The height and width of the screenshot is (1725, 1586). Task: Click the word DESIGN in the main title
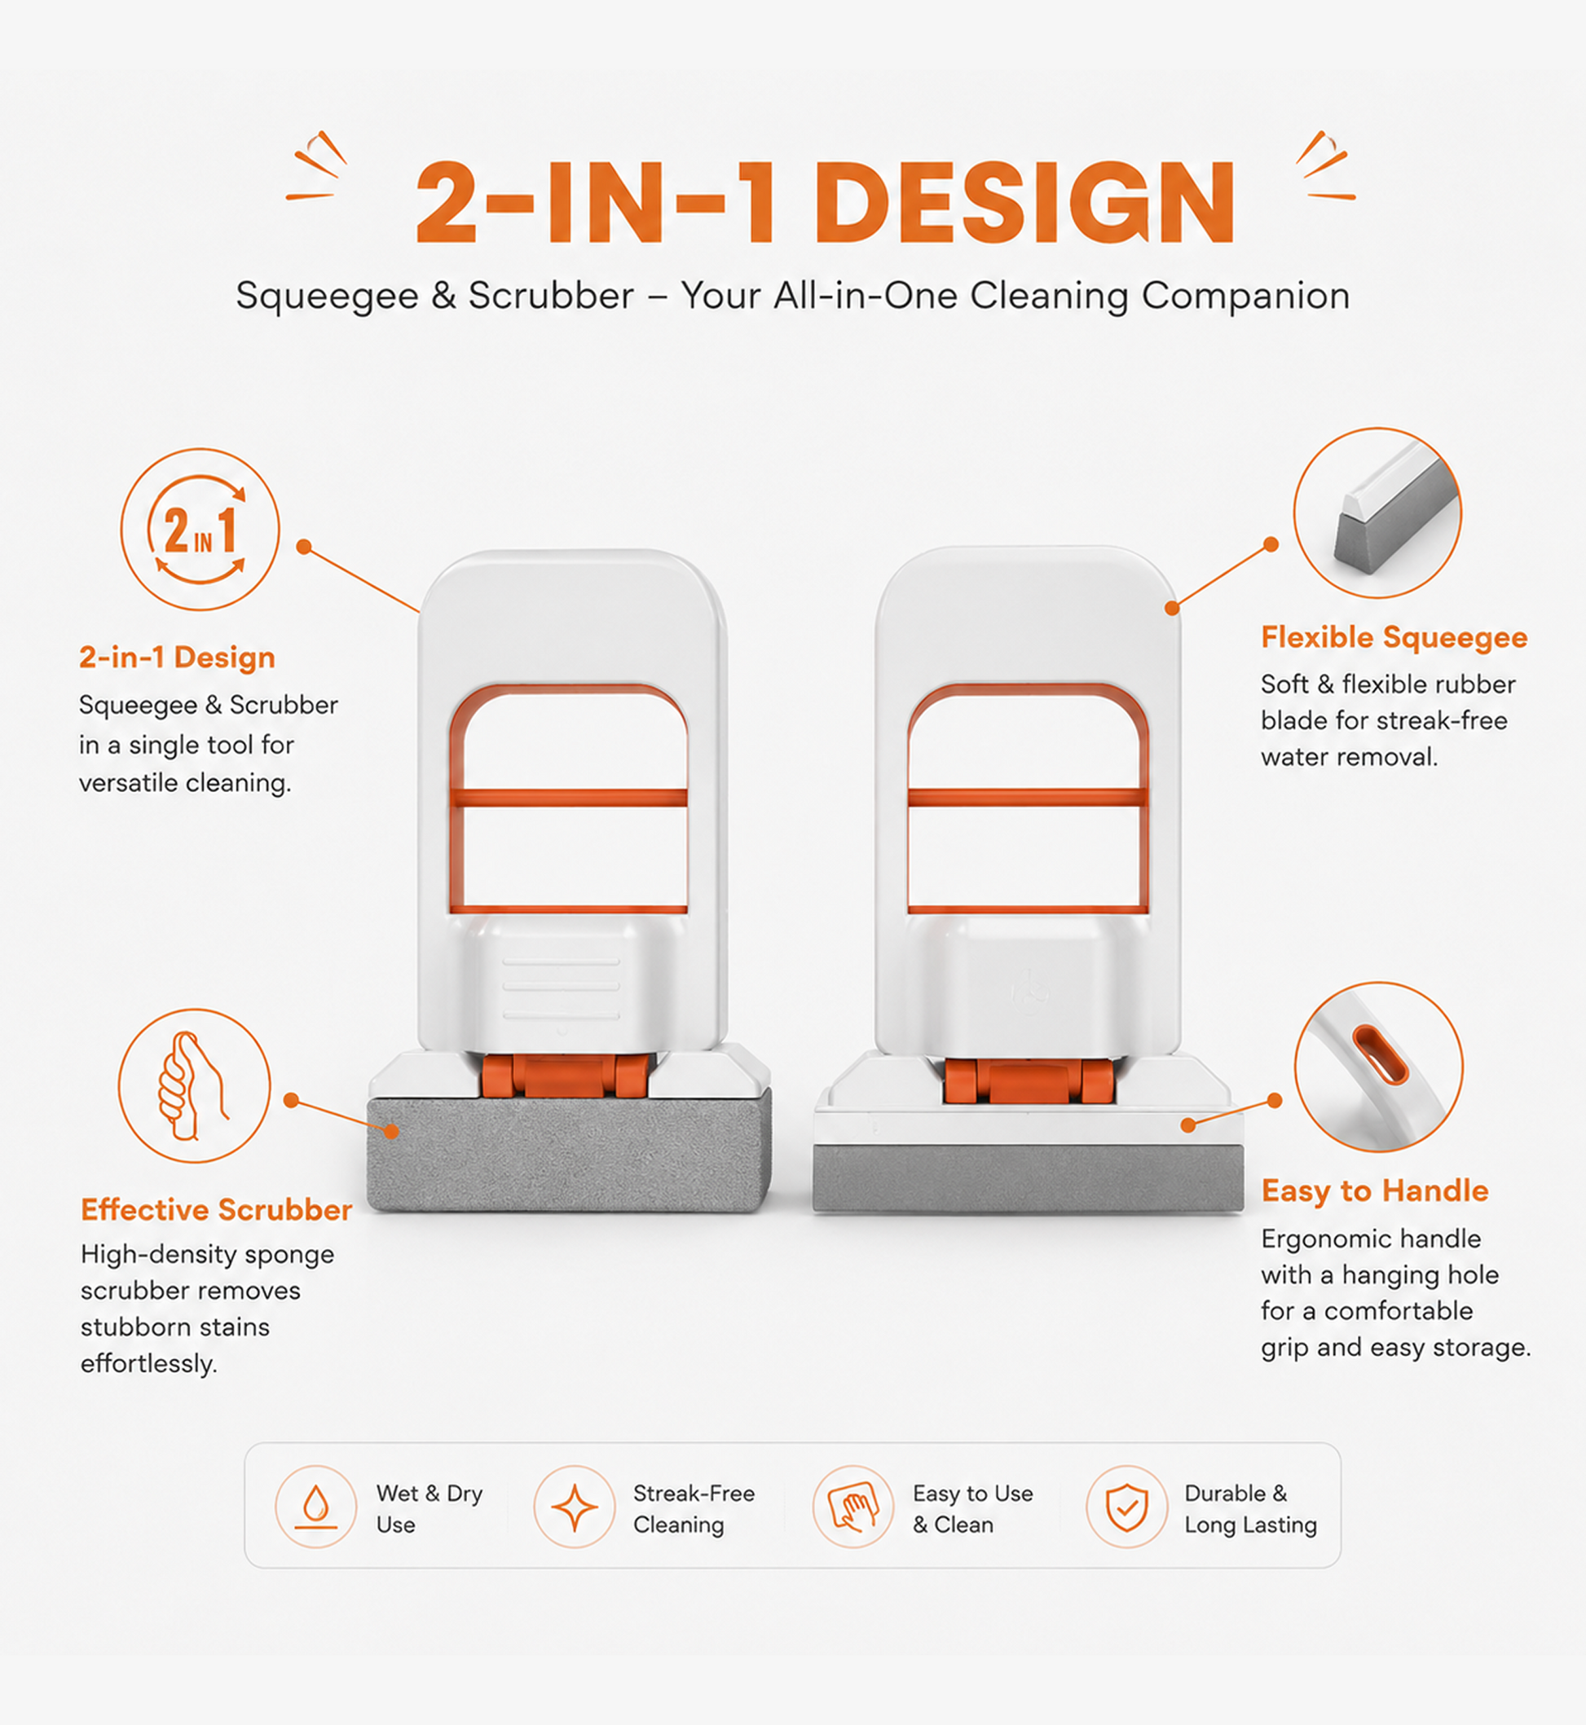coord(1024,203)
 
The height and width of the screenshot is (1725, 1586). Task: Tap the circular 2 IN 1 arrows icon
coord(200,530)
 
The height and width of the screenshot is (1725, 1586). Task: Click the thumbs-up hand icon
coord(194,1085)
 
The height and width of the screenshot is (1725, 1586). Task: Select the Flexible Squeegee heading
coord(1394,638)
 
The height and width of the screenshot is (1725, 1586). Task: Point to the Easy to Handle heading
coord(1374,1190)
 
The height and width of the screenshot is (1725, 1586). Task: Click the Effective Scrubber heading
coord(216,1209)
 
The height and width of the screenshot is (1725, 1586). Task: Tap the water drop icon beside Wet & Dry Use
coord(316,1506)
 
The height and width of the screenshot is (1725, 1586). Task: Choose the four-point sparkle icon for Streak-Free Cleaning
coord(574,1506)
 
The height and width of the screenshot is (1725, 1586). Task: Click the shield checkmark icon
coord(1127,1506)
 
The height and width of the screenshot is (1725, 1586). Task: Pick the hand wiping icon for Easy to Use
coord(853,1506)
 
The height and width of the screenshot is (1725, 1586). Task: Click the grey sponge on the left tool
coord(568,1151)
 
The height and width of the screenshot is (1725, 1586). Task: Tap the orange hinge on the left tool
coord(565,1076)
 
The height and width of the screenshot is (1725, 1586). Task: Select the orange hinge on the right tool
coord(1029,1081)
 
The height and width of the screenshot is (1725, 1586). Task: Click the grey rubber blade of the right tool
coord(1029,1178)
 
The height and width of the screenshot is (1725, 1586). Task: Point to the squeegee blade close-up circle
coord(1377,513)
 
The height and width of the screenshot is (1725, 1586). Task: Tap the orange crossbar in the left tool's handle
coord(568,797)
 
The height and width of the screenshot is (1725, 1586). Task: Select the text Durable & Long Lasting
coord(1250,1509)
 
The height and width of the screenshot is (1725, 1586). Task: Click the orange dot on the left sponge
coord(391,1131)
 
